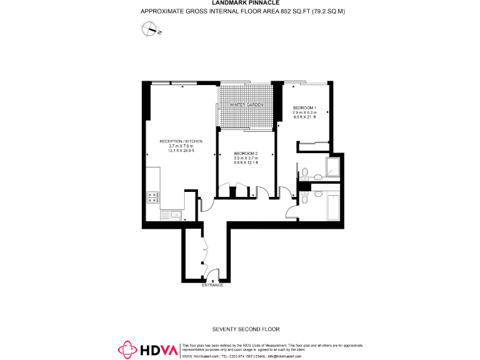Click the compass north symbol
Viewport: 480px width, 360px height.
coord(151,28)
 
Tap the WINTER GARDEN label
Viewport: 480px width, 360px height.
coord(246,104)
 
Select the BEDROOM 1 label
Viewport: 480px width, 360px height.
coord(305,107)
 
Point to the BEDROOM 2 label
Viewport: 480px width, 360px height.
coord(246,154)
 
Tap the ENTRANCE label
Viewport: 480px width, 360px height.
coord(212,286)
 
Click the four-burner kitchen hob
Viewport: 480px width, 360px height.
coord(152,197)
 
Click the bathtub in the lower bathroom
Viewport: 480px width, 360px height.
coord(332,207)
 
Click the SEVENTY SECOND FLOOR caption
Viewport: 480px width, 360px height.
coord(246,329)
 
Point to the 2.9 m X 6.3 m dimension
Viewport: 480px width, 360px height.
coord(305,112)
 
